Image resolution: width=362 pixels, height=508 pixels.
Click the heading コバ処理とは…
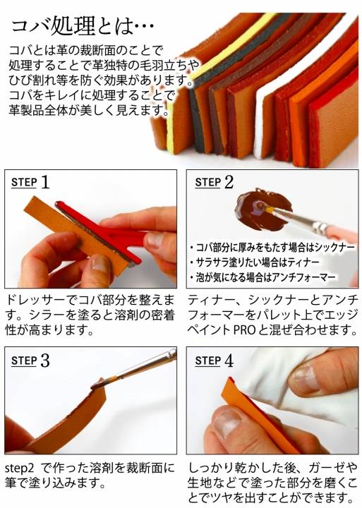tap(83, 26)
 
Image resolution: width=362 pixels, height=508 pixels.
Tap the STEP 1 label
tap(30, 182)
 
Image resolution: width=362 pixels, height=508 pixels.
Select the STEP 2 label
tap(214, 182)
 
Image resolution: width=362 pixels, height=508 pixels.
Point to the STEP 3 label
tap(30, 361)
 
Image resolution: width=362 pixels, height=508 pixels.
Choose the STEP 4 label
tap(214, 361)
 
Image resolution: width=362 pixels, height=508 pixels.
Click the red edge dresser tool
tap(107, 234)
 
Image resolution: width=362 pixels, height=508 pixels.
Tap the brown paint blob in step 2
tap(263, 210)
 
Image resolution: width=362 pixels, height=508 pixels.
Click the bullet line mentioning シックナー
tap(272, 248)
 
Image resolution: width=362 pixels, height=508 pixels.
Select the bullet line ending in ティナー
tap(255, 262)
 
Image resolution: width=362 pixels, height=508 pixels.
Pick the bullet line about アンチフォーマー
tap(263, 277)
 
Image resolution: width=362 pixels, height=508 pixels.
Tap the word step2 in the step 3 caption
tap(20, 468)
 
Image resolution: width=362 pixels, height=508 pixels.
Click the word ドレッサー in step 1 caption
tap(36, 300)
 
